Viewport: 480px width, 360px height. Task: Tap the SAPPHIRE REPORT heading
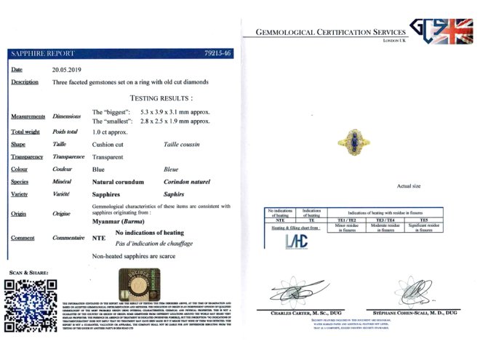click(x=43, y=53)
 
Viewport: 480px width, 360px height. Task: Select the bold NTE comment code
click(x=100, y=238)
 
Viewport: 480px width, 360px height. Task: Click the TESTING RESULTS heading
click(x=161, y=97)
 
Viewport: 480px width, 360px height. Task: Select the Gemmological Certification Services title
click(x=330, y=33)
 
